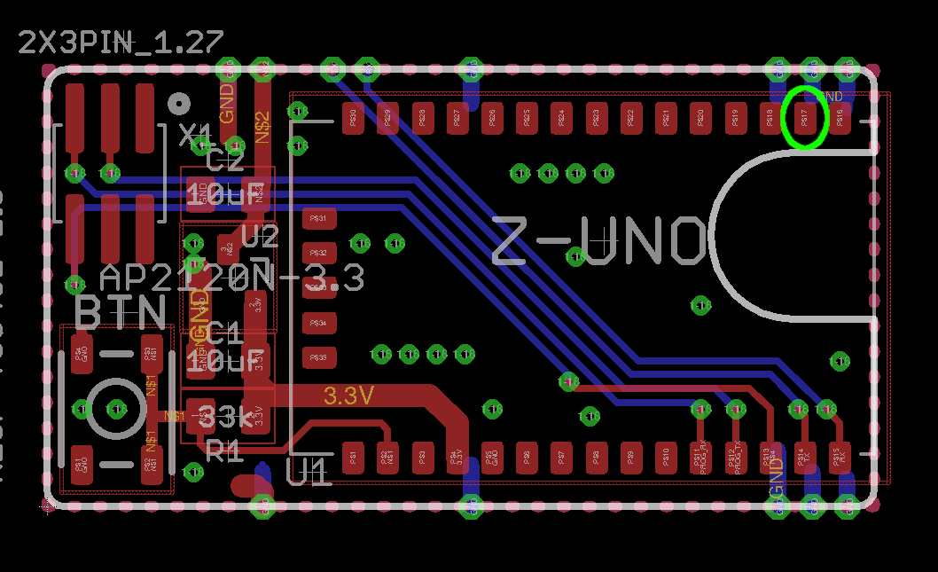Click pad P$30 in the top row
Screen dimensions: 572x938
pos(353,117)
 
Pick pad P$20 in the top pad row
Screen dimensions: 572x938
pos(700,117)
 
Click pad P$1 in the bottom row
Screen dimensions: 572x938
pos(353,458)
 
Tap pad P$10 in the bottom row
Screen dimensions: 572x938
pos(665,458)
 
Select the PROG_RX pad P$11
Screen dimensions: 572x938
pos(700,458)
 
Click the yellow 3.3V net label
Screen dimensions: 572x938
pos(348,396)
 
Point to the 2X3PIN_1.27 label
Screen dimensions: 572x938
pos(121,43)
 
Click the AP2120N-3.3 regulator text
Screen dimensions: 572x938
pos(232,278)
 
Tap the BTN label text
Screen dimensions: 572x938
pos(121,313)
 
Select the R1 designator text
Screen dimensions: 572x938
pos(224,451)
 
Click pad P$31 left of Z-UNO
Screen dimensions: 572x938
pos(319,218)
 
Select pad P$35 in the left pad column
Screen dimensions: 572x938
pos(319,357)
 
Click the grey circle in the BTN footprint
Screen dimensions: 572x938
pos(116,409)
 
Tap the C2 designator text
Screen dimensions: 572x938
pos(224,161)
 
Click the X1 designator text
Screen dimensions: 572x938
pos(196,136)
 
